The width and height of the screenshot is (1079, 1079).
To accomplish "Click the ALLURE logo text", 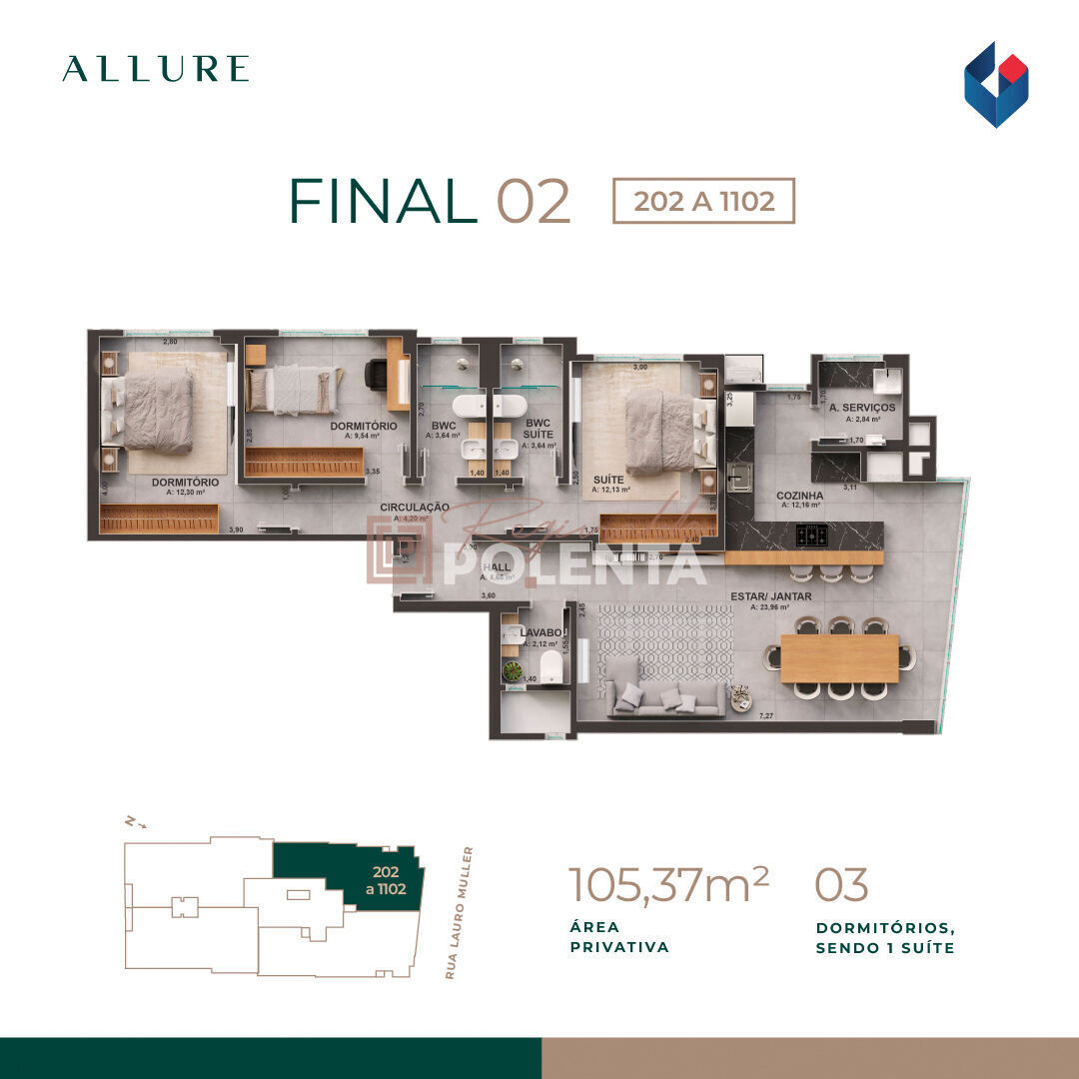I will pos(155,69).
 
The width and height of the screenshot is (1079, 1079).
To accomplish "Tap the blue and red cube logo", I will pos(995,84).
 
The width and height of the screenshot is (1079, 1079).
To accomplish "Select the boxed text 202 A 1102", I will pos(703,201).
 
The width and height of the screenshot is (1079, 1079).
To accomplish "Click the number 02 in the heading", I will pos(533,201).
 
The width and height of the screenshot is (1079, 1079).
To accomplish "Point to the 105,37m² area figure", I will pos(668,885).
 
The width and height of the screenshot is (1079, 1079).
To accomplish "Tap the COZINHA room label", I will pos(799,496).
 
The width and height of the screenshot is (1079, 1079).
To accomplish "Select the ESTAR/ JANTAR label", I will pos(770,596).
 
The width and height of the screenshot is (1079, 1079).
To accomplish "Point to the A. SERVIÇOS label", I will pos(861,409).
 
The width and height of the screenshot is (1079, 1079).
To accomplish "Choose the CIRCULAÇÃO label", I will pos(414,508).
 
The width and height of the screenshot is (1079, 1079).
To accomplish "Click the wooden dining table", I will pos(839,658).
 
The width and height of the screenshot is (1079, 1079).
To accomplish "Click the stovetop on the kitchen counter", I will pos(811,536).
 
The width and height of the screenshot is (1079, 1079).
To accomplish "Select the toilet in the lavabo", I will pos(548,666).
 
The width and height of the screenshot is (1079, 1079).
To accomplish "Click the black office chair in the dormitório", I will pos(377,375).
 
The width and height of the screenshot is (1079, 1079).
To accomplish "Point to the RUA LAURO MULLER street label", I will pos(462,912).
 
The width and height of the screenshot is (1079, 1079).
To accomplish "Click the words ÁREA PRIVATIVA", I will pos(619,937).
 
